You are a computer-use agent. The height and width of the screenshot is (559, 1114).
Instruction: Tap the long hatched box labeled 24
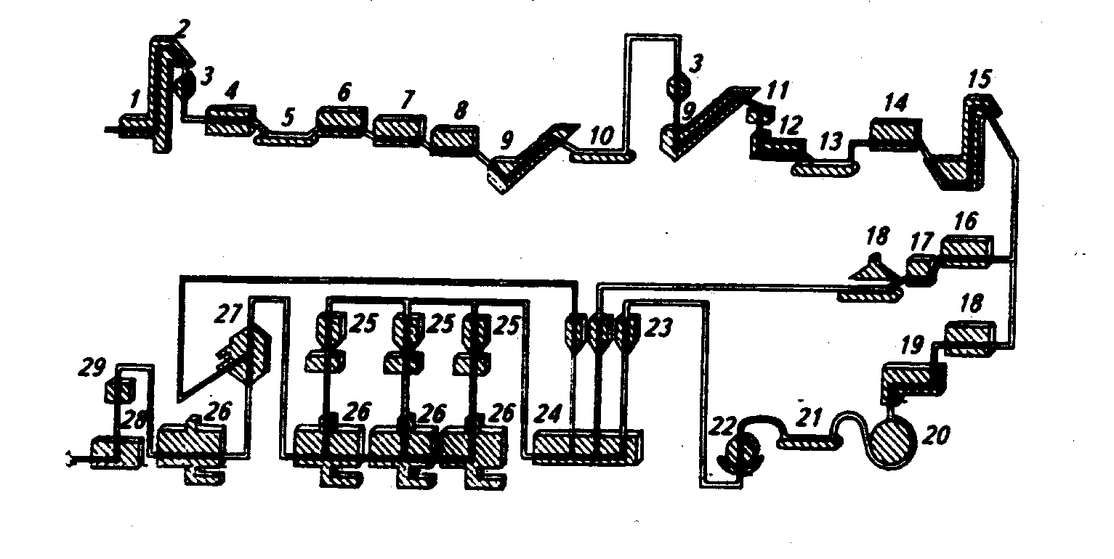pyautogui.click(x=586, y=445)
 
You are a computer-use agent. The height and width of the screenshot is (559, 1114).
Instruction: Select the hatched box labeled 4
pyautogui.click(x=230, y=120)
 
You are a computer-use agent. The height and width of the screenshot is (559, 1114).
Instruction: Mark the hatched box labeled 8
pyautogui.click(x=453, y=139)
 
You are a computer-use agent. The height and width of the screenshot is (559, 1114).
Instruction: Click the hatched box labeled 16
pyautogui.click(x=966, y=248)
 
